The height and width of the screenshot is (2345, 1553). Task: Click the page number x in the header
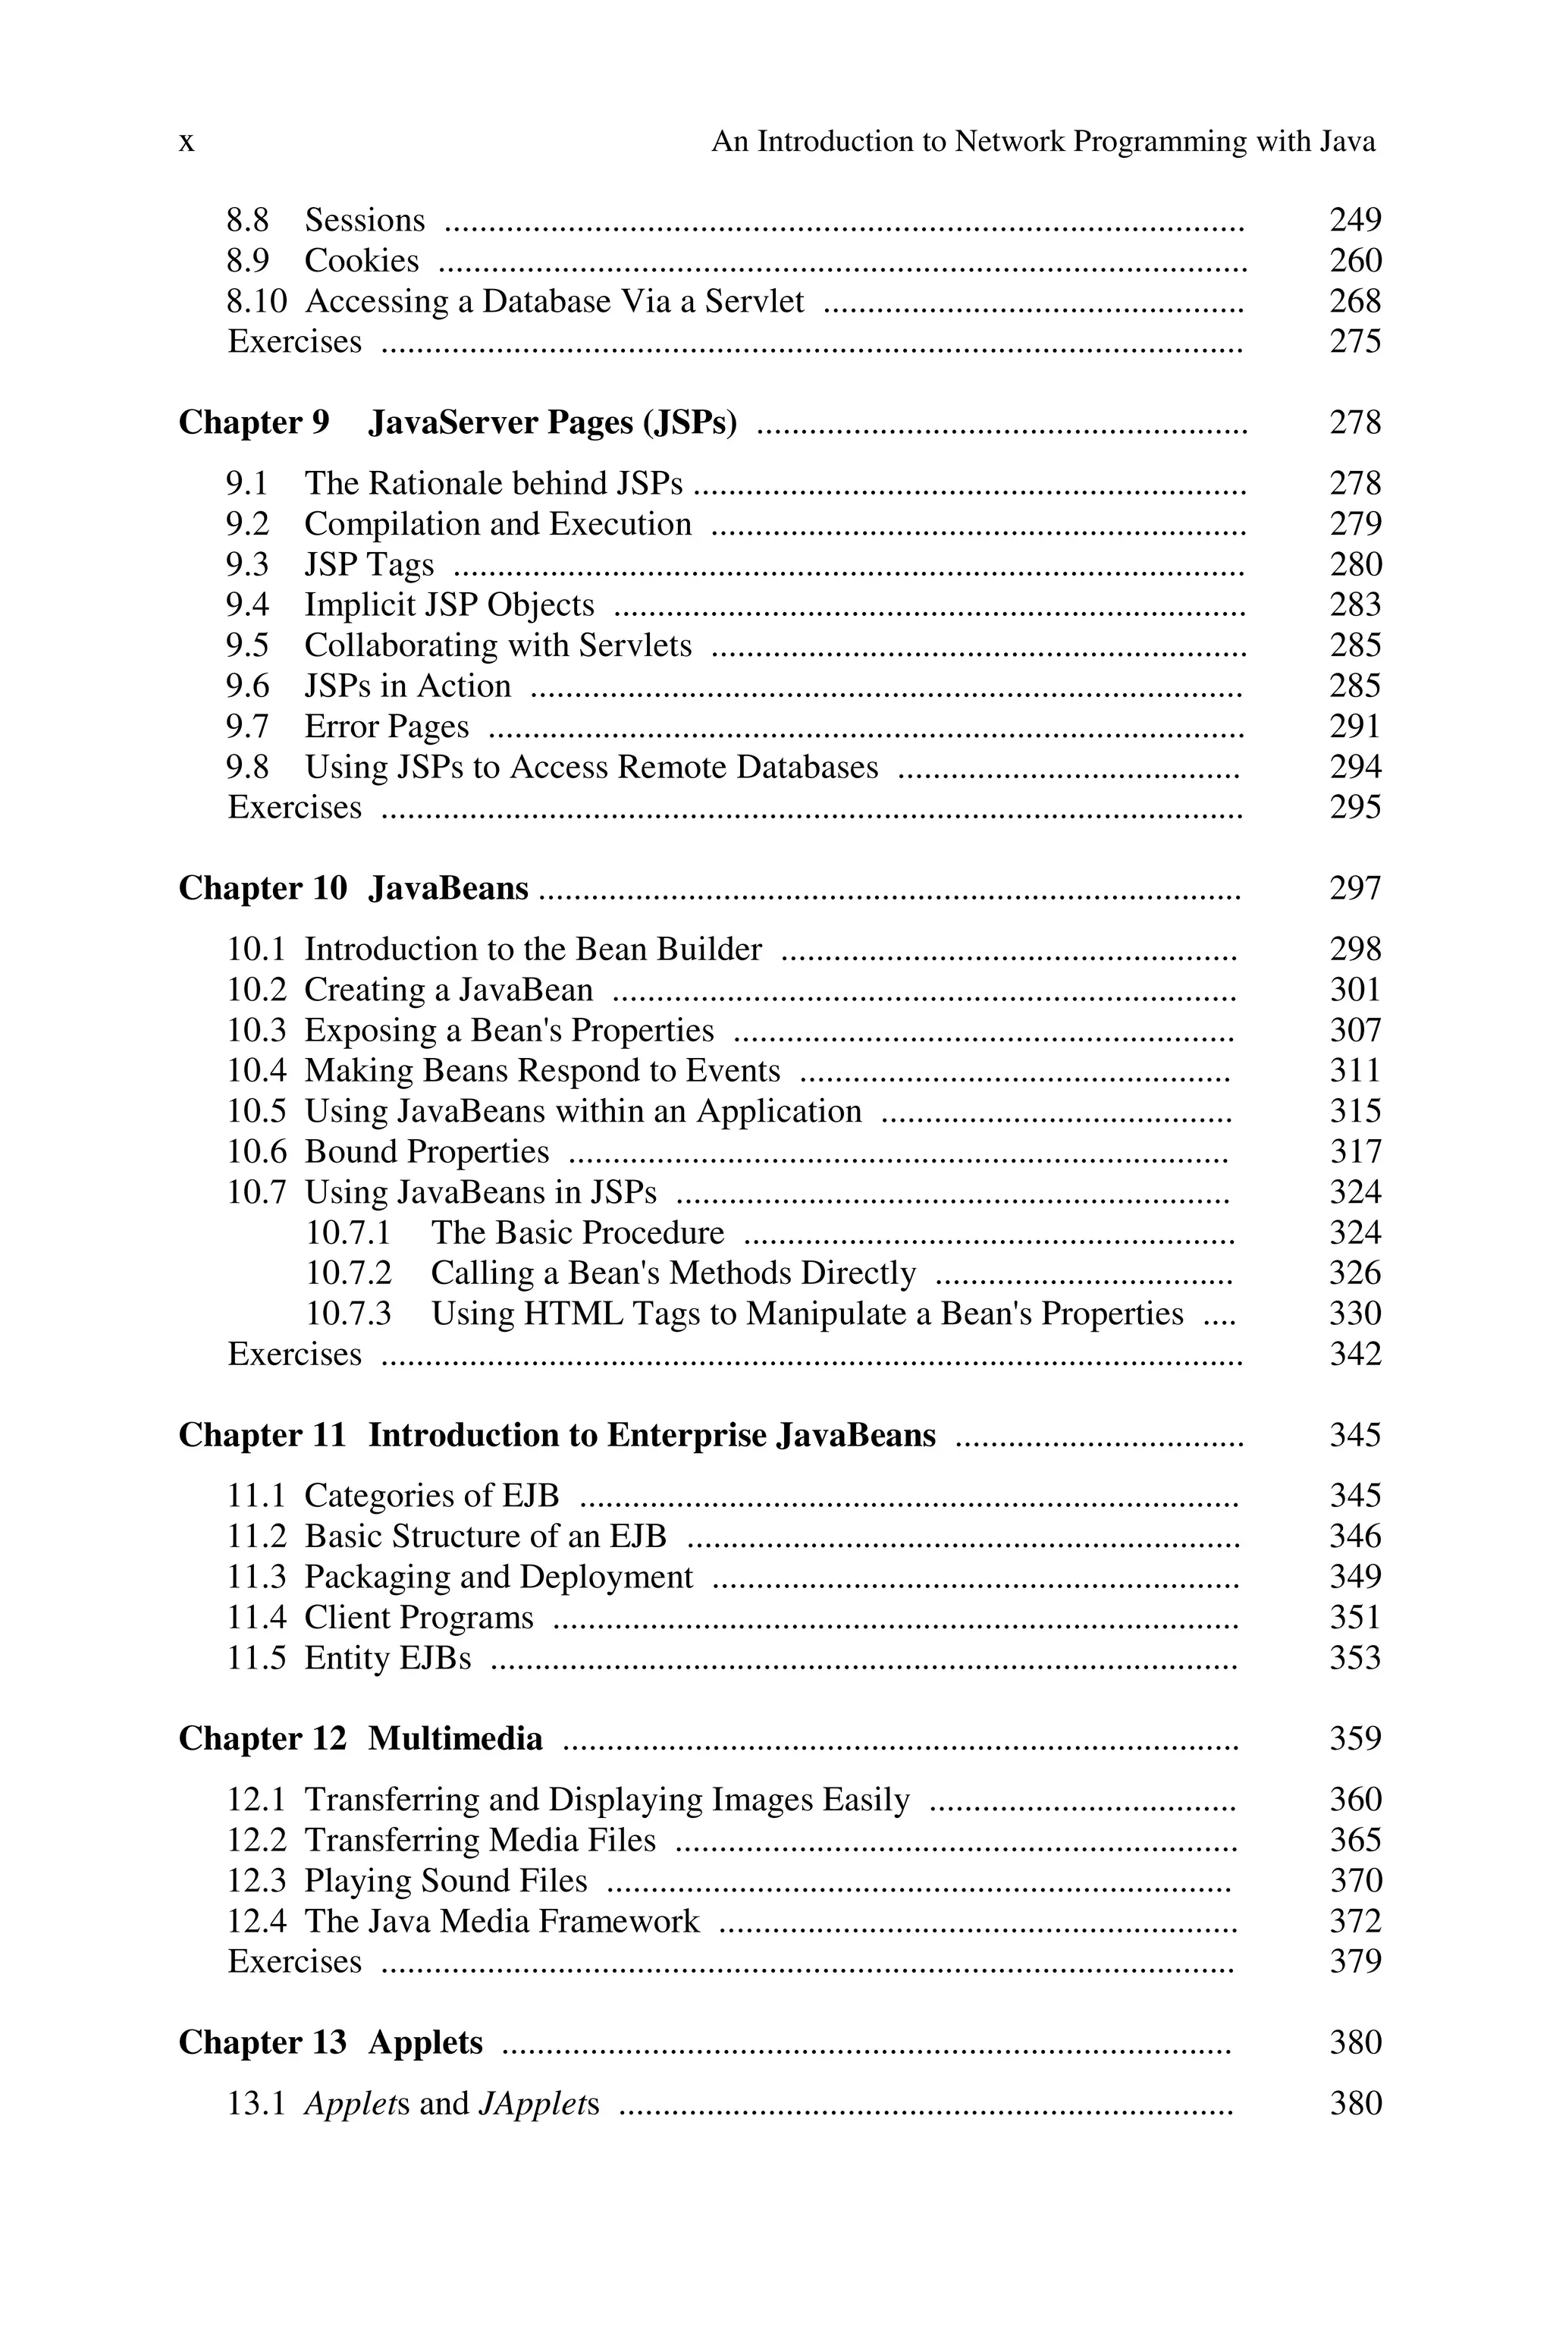(187, 143)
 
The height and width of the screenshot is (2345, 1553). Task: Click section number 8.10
(256, 301)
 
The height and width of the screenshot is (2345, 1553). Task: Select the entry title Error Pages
(386, 727)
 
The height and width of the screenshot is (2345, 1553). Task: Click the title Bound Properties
(426, 1152)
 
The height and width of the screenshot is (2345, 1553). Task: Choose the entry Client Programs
(418, 1618)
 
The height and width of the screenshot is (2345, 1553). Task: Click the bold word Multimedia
(455, 1739)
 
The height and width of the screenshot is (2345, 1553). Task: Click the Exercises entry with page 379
(294, 1962)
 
